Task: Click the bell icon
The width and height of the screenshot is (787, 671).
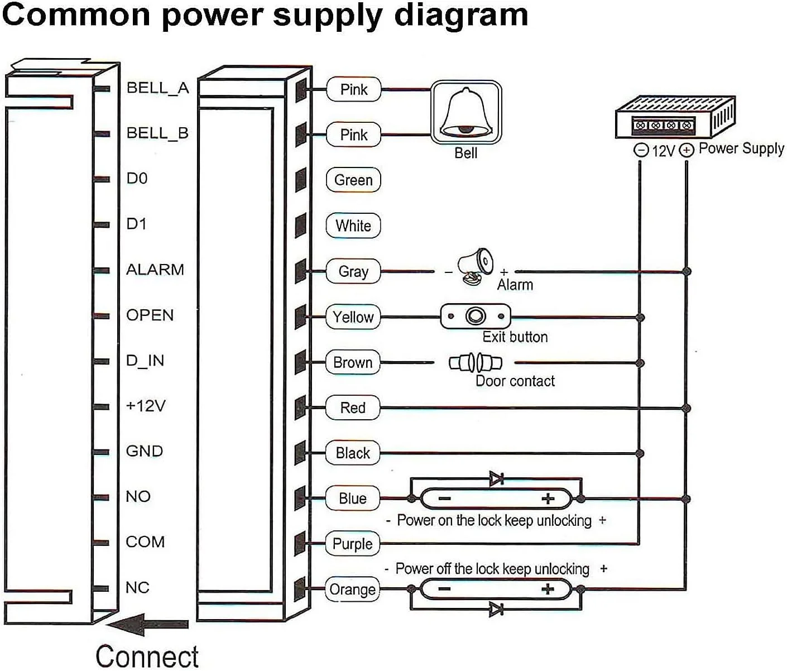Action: pyautogui.click(x=466, y=112)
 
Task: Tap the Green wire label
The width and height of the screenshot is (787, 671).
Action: pyautogui.click(x=353, y=180)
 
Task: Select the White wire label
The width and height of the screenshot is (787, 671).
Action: pyautogui.click(x=353, y=226)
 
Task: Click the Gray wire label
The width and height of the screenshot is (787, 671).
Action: pyautogui.click(x=353, y=271)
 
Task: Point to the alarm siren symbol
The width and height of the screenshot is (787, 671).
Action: pyautogui.click(x=475, y=267)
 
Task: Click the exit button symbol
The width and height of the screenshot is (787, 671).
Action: pyautogui.click(x=476, y=317)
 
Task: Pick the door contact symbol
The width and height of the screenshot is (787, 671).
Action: pyautogui.click(x=476, y=363)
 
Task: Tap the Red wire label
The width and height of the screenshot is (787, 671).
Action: pyautogui.click(x=353, y=408)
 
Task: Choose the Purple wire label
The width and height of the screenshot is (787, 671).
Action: pyautogui.click(x=352, y=544)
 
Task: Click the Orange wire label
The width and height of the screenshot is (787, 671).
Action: pyautogui.click(x=352, y=589)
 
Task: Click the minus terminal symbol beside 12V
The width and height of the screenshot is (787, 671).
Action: pyautogui.click(x=641, y=150)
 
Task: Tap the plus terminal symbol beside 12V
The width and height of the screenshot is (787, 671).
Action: pyautogui.click(x=687, y=150)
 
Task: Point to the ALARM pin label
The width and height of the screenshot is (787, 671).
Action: pyautogui.click(x=155, y=270)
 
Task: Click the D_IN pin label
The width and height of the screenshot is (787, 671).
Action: pyautogui.click(x=145, y=361)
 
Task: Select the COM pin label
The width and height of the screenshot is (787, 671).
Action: pyautogui.click(x=145, y=542)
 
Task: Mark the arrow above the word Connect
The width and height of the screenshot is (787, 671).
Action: pyautogui.click(x=148, y=624)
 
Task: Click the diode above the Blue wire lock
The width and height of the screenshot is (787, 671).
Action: pyautogui.click(x=496, y=478)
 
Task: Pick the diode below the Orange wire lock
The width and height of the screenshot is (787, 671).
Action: pyautogui.click(x=496, y=609)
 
